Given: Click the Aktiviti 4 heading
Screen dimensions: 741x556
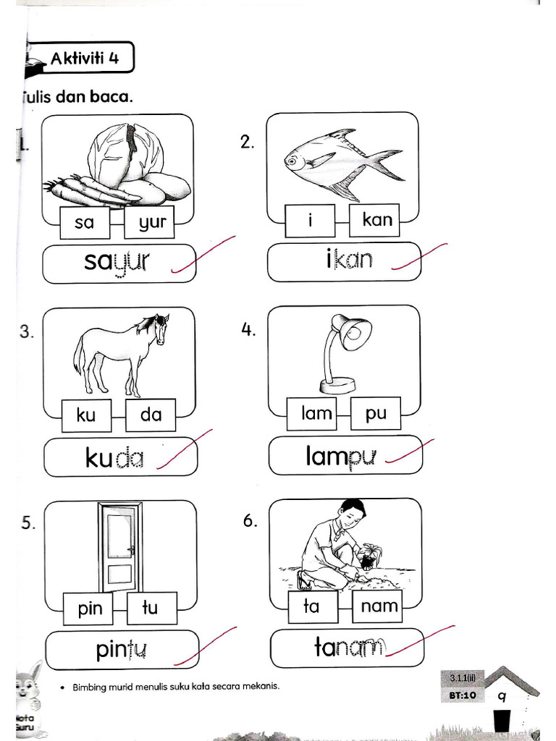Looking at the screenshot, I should pos(85,59).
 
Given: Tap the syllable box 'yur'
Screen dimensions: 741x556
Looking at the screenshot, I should pos(153,223).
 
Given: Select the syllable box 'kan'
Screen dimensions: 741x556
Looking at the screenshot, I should pos(377,219).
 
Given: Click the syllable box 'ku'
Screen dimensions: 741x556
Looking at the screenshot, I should pos(86,415).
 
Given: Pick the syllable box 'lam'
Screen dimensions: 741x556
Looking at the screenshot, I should pos(316,413).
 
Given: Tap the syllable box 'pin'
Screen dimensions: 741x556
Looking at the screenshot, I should pos(90,609).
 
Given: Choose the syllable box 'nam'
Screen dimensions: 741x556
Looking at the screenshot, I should pos(379,606).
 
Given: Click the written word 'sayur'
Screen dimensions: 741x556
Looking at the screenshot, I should pos(116,262).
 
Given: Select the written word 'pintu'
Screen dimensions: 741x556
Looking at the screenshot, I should pos(121,651).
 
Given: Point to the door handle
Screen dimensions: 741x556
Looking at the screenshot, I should pos(131,550).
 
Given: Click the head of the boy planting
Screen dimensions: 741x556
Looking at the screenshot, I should pos(353,513).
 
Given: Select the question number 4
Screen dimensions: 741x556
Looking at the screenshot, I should pos(248,330).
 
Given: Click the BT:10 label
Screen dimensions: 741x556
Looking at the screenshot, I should pos(461,695).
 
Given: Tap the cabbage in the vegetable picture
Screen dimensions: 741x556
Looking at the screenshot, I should pos(125,153).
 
